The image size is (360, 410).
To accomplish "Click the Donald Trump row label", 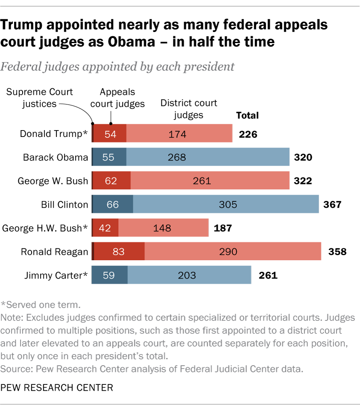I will (x=54, y=134).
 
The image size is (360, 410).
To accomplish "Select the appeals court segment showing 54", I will (x=110, y=134).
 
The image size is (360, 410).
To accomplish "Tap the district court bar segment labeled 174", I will (x=179, y=134).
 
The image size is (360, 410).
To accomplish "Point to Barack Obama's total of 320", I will (x=303, y=157).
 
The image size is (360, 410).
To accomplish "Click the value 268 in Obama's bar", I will (x=177, y=157).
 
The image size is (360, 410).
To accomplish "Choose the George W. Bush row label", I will (x=53, y=180).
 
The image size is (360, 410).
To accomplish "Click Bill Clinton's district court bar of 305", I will (x=226, y=204).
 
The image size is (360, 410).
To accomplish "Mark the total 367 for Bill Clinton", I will (x=332, y=204).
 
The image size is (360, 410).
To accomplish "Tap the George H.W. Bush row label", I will (x=45, y=228).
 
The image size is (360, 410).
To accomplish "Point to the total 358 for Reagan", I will (x=337, y=251).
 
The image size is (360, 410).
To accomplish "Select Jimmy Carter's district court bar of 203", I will (x=189, y=275).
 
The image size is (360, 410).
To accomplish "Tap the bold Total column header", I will (x=247, y=115).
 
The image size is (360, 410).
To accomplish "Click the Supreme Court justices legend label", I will (x=39, y=97).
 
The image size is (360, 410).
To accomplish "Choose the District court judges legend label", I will (x=189, y=109).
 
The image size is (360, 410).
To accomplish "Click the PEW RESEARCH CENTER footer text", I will (x=57, y=387).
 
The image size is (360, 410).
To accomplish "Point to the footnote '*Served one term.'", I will (x=41, y=305).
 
